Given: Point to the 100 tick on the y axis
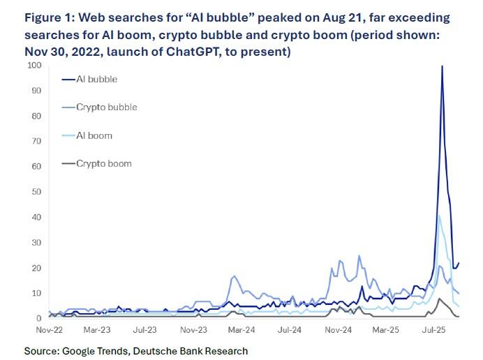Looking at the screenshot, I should click(x=34, y=66).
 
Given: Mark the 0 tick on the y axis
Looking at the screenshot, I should click(x=39, y=318).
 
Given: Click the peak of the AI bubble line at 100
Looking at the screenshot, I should click(x=442, y=66).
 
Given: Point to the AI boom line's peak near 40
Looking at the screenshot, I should click(x=439, y=216).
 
